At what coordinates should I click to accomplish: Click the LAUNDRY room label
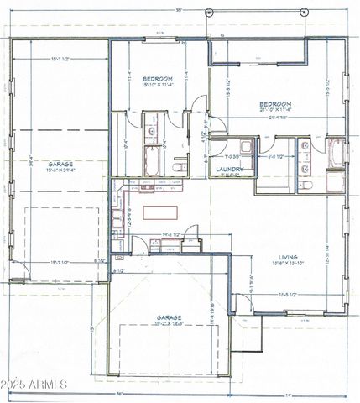(x=229, y=169)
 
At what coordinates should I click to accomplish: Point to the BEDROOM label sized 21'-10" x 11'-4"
(x=274, y=102)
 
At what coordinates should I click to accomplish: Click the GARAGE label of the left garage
(x=59, y=164)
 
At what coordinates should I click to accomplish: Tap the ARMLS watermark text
(x=34, y=385)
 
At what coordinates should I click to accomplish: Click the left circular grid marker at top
(x=209, y=12)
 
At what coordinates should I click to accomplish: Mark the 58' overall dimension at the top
(x=179, y=8)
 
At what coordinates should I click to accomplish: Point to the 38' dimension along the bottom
(x=118, y=394)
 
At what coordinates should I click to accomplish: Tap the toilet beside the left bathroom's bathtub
(x=177, y=166)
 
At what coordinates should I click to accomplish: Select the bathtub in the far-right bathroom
(x=336, y=153)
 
